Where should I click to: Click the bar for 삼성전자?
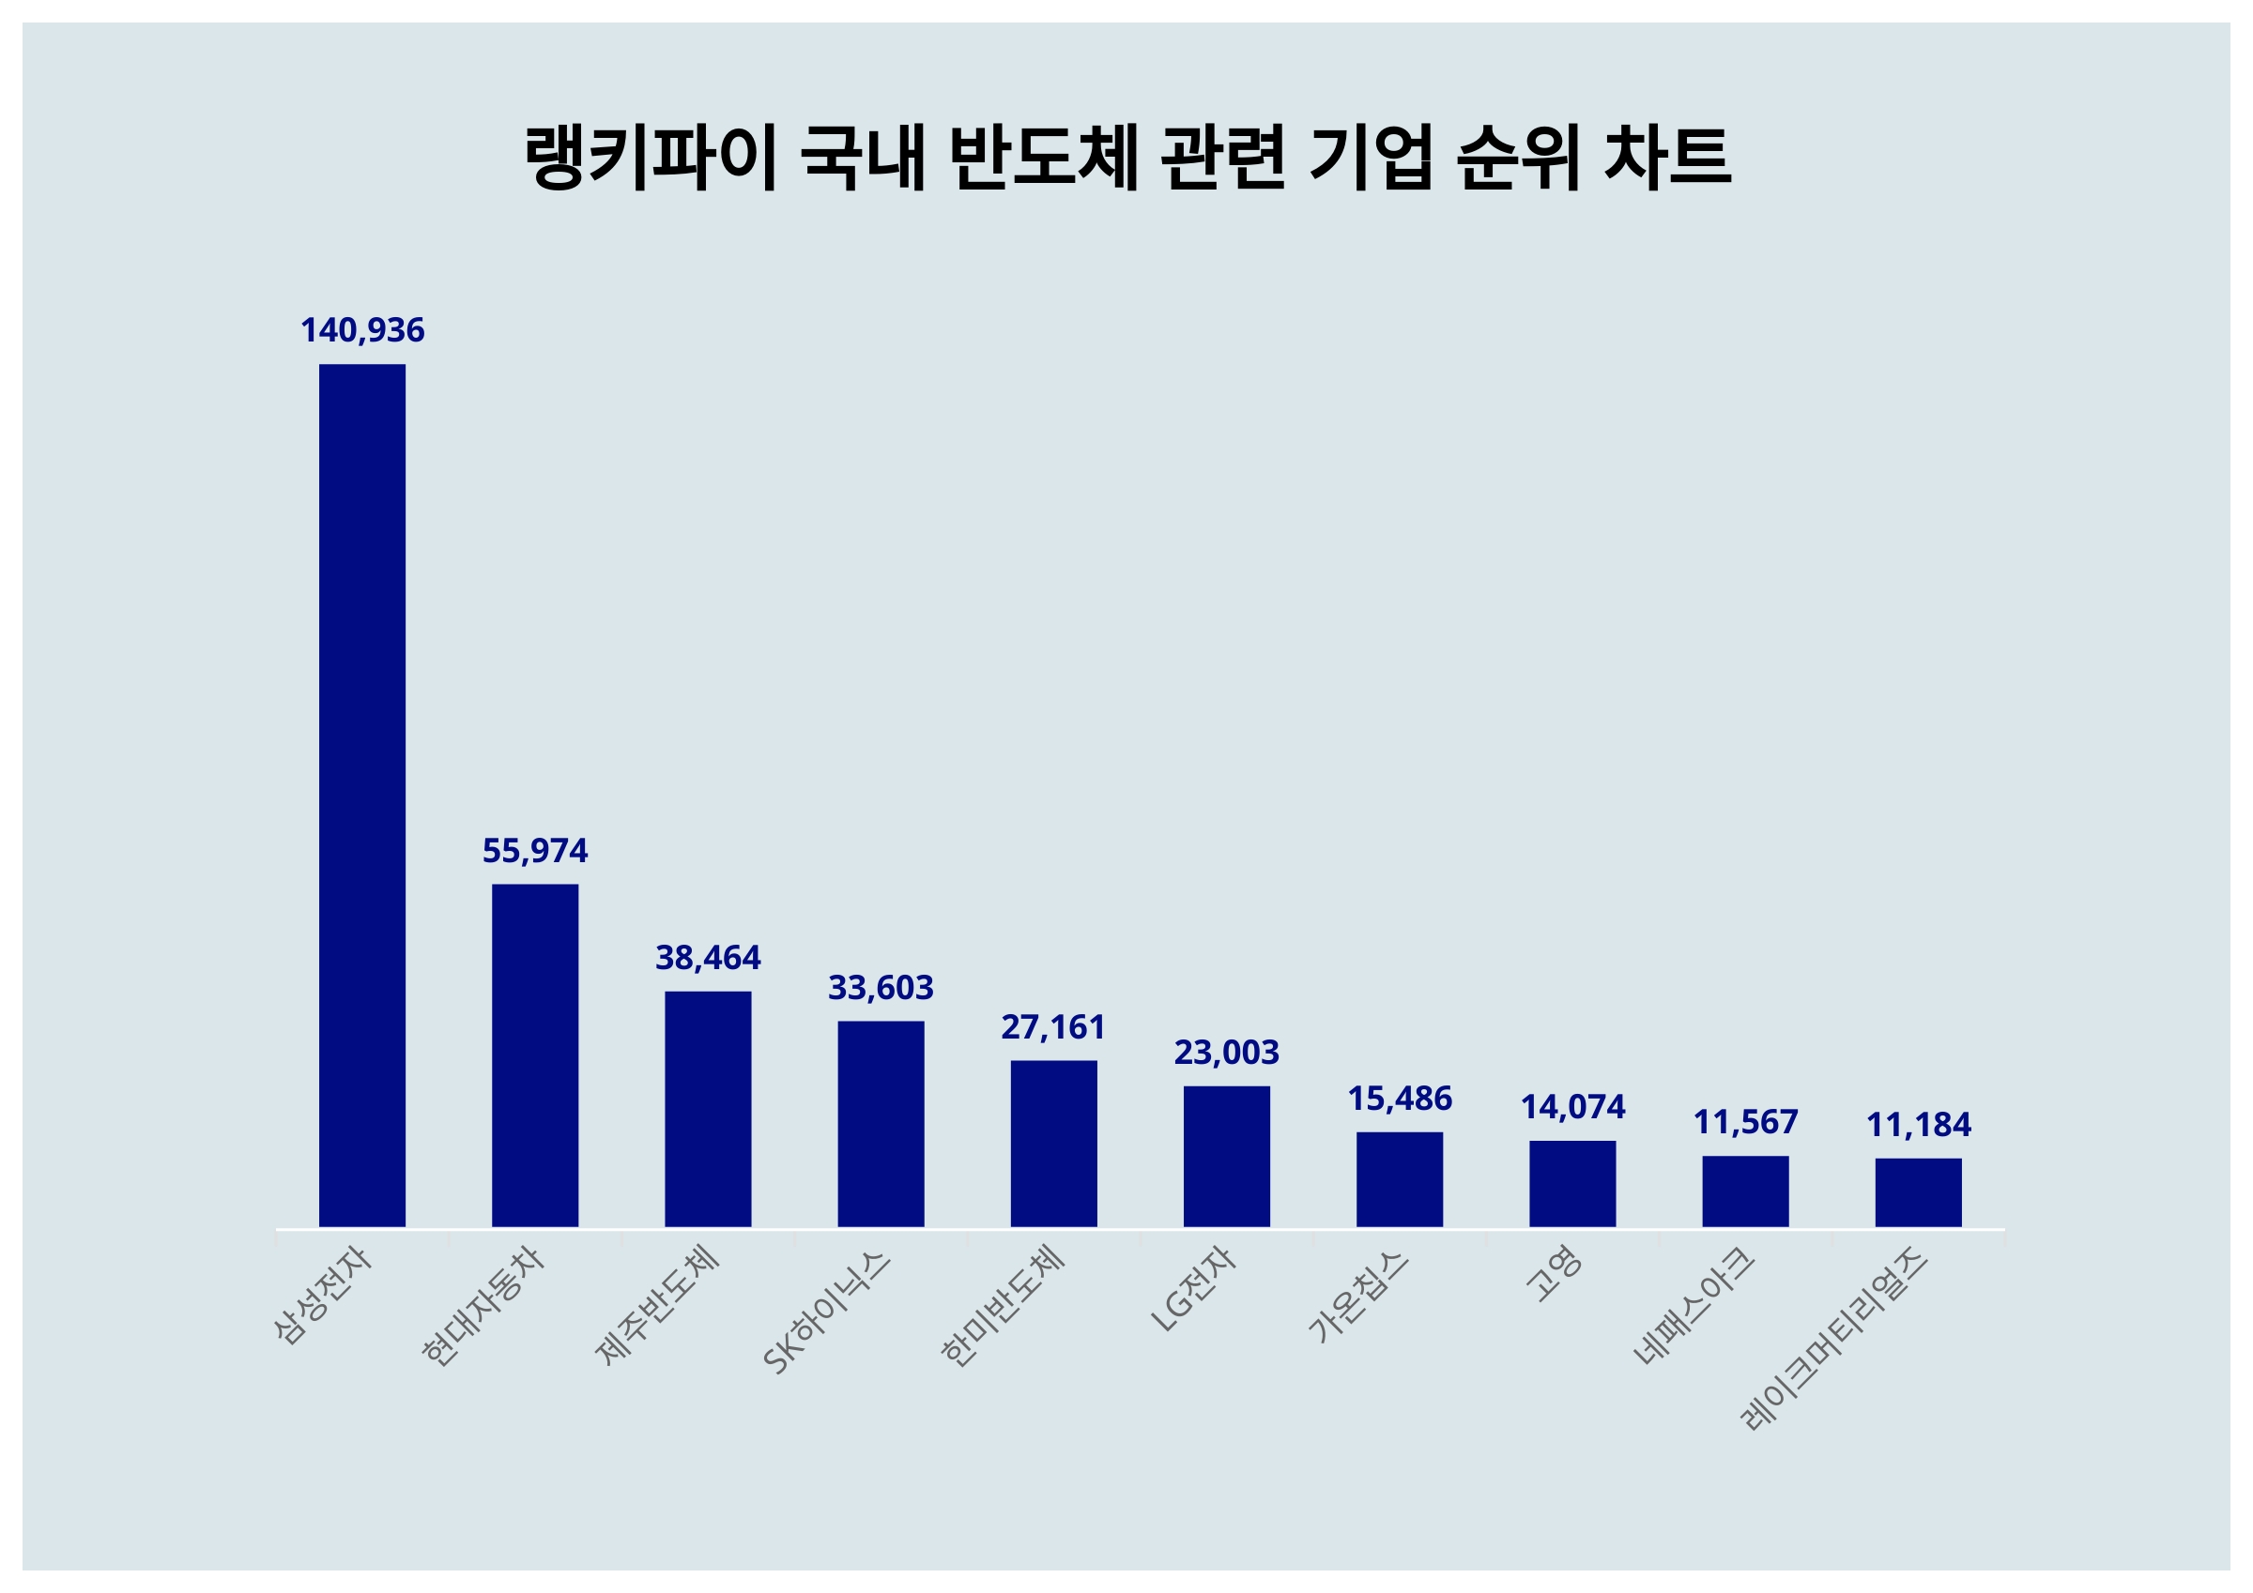(362, 796)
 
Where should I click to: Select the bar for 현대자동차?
(535, 1055)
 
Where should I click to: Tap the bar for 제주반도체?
(708, 1110)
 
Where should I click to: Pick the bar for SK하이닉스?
(881, 1124)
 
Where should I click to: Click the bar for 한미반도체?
(1053, 1144)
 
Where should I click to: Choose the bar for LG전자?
(1226, 1157)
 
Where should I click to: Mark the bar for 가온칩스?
(1400, 1180)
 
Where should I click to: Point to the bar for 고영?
(1572, 1184)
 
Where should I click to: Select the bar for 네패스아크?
(1745, 1191)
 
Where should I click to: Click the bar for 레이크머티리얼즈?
(1918, 1192)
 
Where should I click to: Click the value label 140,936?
(362, 330)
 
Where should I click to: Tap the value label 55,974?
(535, 851)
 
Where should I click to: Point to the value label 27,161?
(1053, 1027)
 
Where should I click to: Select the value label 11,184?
(1918, 1125)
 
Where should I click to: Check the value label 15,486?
(1400, 1099)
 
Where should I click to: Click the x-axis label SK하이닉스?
(828, 1315)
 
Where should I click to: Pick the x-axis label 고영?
(1554, 1275)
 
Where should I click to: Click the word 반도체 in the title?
(1044, 157)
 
